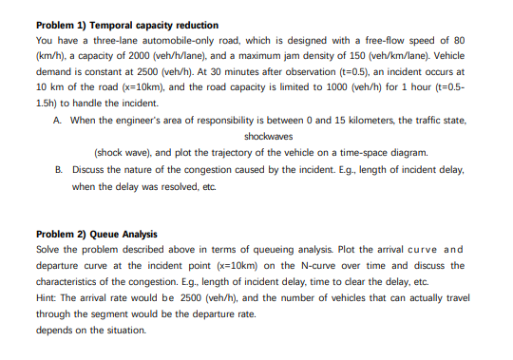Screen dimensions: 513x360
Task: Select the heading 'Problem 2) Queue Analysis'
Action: (x=96, y=234)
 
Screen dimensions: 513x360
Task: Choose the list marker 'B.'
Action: (x=59, y=169)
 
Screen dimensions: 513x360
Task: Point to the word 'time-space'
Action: (x=372, y=152)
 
